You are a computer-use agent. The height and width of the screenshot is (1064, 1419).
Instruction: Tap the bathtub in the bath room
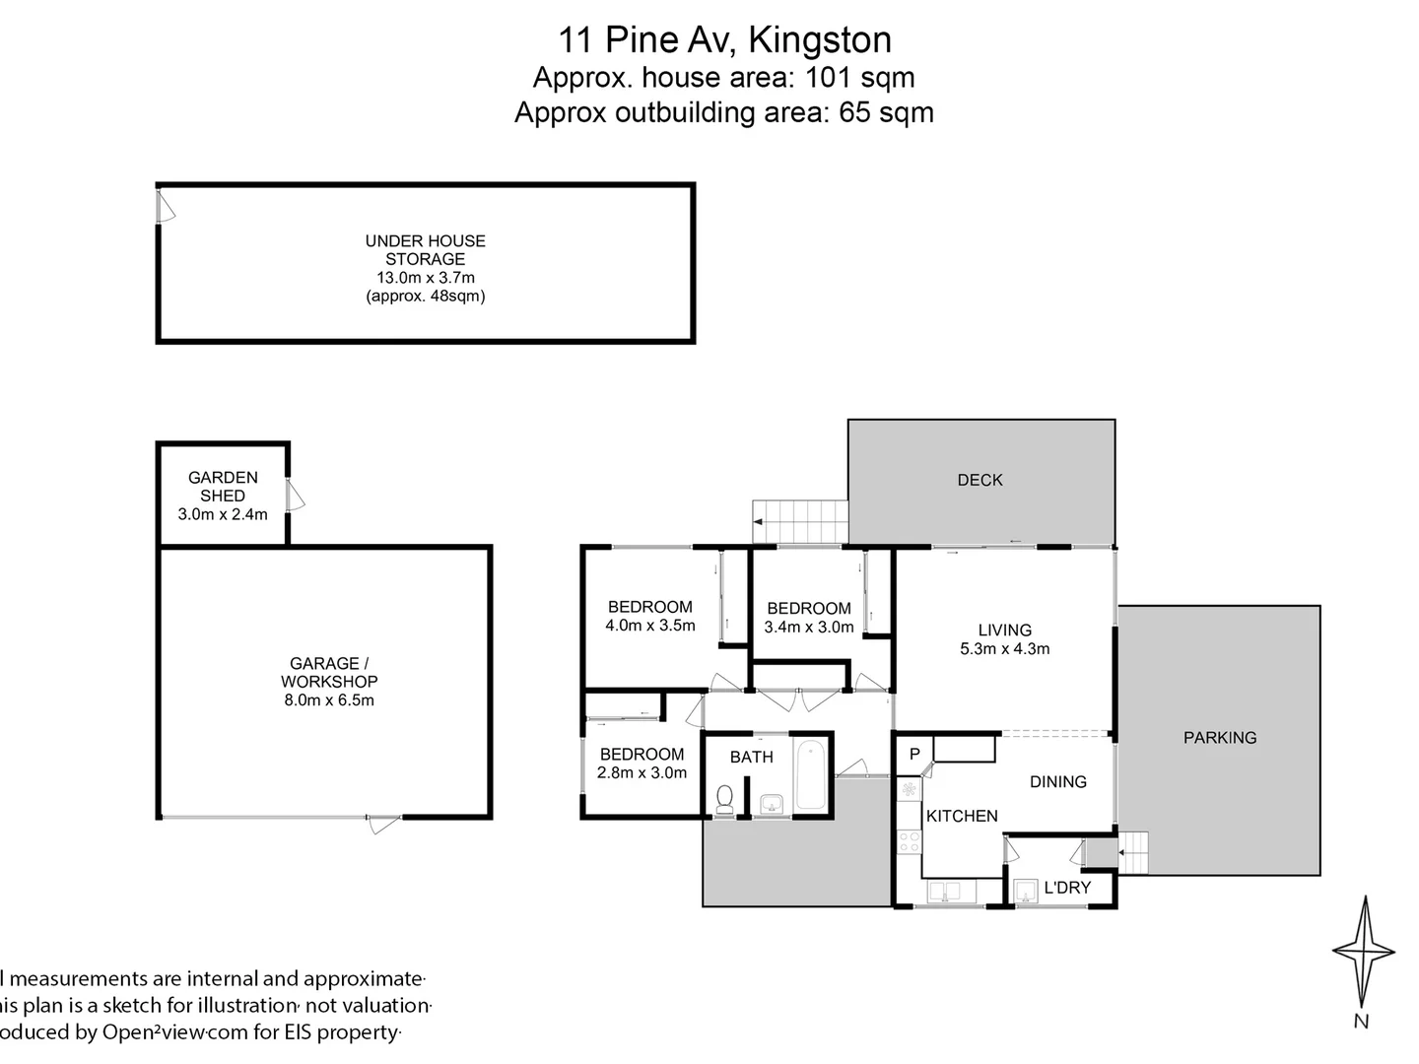pos(810,775)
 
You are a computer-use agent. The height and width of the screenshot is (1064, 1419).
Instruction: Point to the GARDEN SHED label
pos(223,487)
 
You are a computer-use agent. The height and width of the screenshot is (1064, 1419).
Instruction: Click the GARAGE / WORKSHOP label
pos(329,673)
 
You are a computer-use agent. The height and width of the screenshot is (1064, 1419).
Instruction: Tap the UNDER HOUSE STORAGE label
pos(426,249)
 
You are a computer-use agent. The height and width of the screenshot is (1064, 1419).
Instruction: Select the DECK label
pos(980,480)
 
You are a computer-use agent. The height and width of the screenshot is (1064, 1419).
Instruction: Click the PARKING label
pos(1220,737)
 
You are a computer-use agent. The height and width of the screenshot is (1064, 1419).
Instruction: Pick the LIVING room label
pos(1005,630)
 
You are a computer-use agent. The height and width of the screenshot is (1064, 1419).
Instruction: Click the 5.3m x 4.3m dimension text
pos(1005,648)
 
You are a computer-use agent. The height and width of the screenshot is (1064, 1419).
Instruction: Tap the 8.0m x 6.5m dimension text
pos(329,700)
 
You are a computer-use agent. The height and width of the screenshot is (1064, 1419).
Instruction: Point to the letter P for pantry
pos(914,755)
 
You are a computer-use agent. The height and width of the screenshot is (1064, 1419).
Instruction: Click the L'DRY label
pos(1067,888)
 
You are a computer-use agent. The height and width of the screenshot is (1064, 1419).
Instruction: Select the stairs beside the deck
pos(800,521)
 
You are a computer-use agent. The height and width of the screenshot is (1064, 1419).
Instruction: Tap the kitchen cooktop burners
pos(909,841)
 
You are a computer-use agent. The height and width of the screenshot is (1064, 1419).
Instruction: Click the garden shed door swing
pos(295,496)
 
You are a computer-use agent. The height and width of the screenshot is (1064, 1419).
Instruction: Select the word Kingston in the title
pos(820,39)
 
